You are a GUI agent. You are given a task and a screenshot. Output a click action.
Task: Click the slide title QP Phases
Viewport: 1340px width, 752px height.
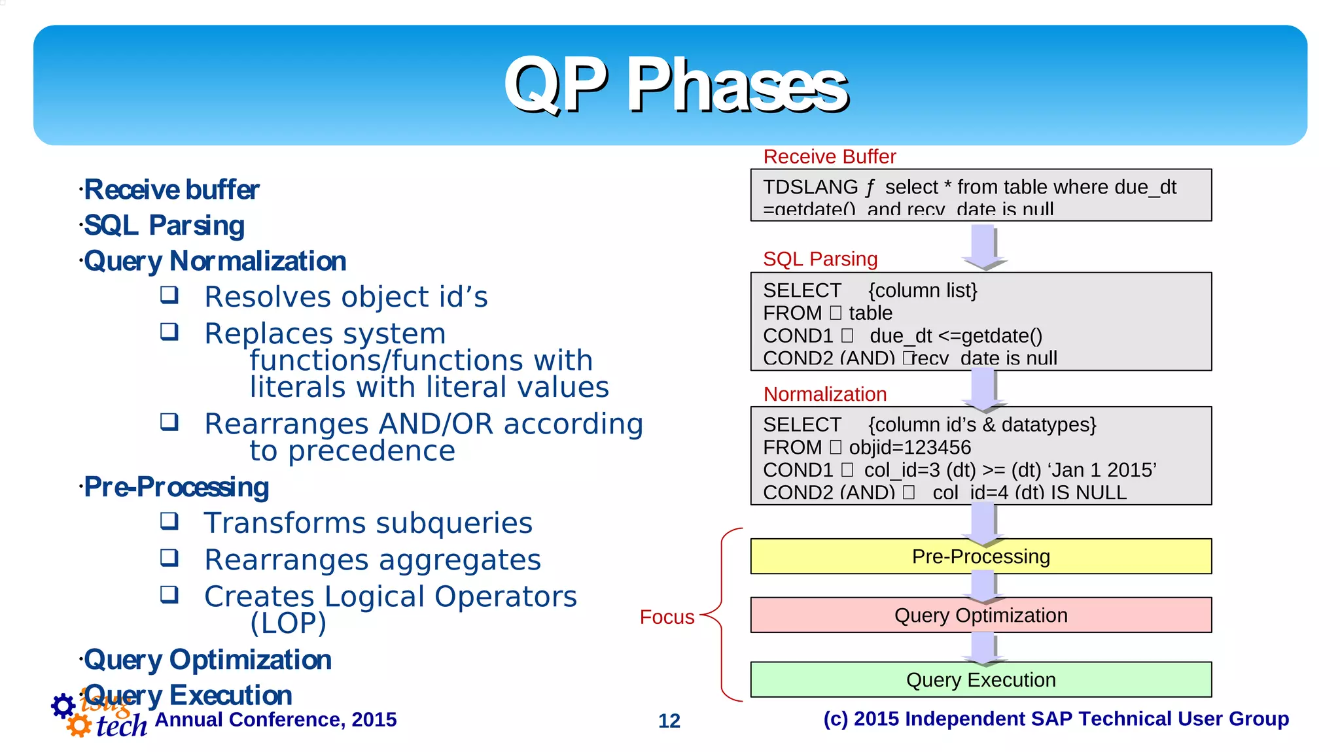pyautogui.click(x=675, y=85)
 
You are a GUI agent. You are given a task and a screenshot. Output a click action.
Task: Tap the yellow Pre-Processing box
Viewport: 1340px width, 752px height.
pyautogui.click(x=980, y=556)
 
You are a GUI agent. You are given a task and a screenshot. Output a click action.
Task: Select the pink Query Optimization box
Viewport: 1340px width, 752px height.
pyautogui.click(x=980, y=615)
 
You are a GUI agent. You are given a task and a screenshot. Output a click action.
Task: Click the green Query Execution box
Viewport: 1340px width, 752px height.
pyautogui.click(x=980, y=680)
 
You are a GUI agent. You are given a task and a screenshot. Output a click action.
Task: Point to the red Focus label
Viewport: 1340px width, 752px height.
pyautogui.click(x=667, y=617)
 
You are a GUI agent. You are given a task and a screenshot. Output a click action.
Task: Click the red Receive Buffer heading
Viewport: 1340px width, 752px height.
pyautogui.click(x=829, y=157)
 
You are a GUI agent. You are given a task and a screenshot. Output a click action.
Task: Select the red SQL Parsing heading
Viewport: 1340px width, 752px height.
pyautogui.click(x=820, y=259)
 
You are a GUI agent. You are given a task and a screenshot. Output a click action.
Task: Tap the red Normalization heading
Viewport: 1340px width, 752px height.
pyautogui.click(x=824, y=394)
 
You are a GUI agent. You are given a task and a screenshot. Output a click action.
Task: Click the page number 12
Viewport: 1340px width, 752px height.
pyautogui.click(x=669, y=721)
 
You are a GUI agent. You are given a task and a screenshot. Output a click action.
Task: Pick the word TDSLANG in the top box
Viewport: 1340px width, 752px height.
pyautogui.click(x=810, y=188)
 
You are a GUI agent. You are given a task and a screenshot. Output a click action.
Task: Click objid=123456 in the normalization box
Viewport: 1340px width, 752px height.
pyautogui.click(x=909, y=448)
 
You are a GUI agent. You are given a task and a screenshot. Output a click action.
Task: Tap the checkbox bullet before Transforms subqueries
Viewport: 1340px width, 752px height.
pyautogui.click(x=169, y=521)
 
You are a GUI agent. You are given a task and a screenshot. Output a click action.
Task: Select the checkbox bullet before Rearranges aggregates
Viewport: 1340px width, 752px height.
pyautogui.click(x=169, y=558)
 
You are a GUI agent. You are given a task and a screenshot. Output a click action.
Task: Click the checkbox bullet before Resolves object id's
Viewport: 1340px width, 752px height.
pyautogui.click(x=169, y=295)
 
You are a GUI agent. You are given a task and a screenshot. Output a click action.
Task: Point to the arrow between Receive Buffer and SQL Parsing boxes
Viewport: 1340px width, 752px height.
pyautogui.click(x=983, y=247)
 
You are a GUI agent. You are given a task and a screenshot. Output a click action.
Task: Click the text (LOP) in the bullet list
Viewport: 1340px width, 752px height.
pyautogui.click(x=288, y=623)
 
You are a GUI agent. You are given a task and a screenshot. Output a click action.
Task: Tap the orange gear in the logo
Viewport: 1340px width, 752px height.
pyautogui.click(x=79, y=725)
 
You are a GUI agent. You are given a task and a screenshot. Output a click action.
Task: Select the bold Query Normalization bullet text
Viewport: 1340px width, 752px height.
pyautogui.click(x=215, y=261)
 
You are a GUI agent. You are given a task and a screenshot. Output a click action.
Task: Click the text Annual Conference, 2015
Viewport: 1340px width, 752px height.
pyautogui.click(x=275, y=719)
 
